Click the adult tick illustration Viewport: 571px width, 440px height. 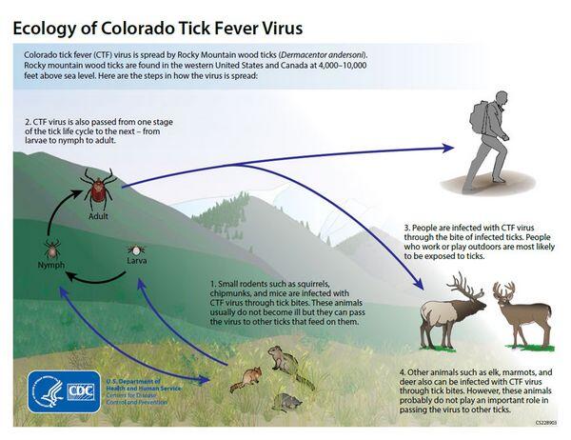pyautogui.click(x=97, y=187)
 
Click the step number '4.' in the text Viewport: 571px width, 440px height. pyautogui.click(x=404, y=369)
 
